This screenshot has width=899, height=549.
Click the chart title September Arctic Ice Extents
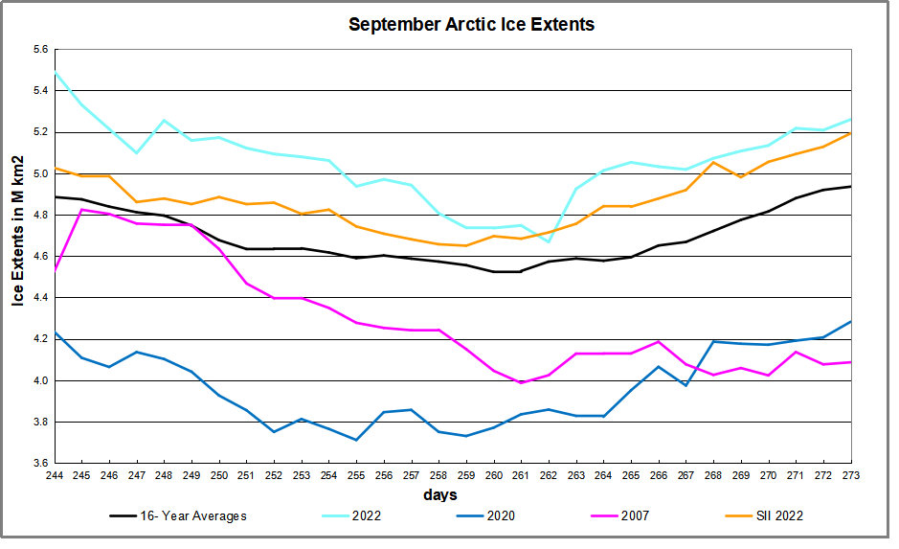click(x=471, y=25)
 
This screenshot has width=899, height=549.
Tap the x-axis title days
click(x=439, y=495)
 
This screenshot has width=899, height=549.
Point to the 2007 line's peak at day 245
click(x=82, y=209)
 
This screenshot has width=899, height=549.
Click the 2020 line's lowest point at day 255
click(x=356, y=440)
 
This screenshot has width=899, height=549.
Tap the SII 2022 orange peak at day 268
click(x=713, y=162)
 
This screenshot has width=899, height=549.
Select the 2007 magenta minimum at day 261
click(x=521, y=383)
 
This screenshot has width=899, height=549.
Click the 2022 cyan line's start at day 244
click(x=55, y=72)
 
